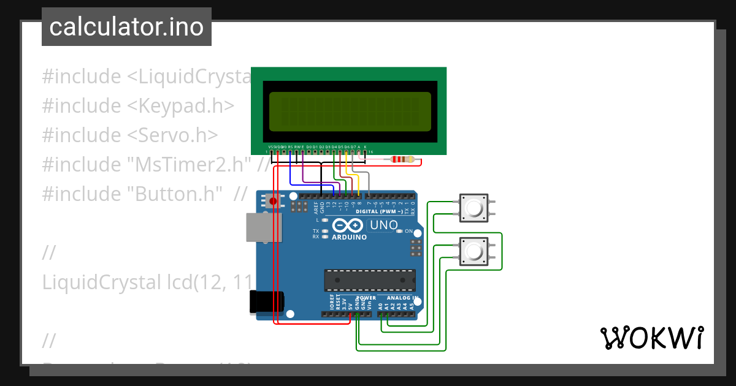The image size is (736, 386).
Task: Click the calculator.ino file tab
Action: point(126,27)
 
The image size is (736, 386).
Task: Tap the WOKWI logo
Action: point(651,338)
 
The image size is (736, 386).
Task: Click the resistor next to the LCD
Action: point(403,161)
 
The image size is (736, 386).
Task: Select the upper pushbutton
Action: point(473,208)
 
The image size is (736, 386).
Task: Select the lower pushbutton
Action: point(473,252)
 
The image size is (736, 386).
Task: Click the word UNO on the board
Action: point(384,225)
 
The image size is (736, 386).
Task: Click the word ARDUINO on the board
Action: point(350,237)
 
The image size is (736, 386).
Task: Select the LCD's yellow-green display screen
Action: point(350,110)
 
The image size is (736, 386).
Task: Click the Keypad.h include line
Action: point(138,105)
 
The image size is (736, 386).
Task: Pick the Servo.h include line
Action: point(129,135)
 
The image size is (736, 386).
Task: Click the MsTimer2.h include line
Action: point(147,164)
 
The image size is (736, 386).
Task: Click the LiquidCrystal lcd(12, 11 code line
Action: point(147,282)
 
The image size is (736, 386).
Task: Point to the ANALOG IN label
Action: point(402,298)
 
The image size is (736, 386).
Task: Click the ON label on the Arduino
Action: point(408,231)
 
